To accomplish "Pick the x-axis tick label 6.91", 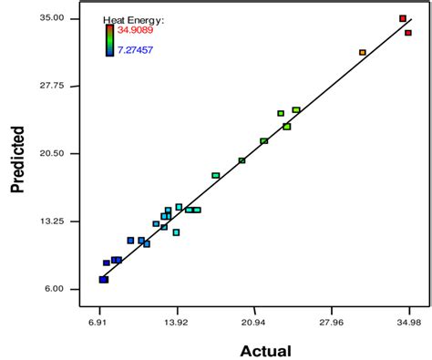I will tap(98, 322).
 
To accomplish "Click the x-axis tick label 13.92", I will tap(176, 322).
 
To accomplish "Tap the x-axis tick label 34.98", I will tap(408, 322).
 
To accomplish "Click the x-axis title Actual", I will tap(265, 350).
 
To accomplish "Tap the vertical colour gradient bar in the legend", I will tap(109, 40).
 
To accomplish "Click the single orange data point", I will tap(363, 53).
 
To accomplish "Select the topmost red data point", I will tap(403, 18).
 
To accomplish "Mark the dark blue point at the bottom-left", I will tap(103, 280).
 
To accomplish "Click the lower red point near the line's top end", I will tap(408, 33).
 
